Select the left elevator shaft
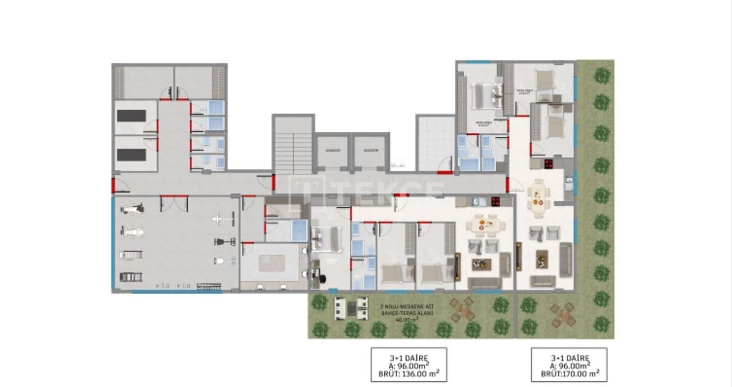(x=332, y=151)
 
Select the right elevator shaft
(x=370, y=151)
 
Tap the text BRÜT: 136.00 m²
(x=408, y=373)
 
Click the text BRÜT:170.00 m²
(x=569, y=373)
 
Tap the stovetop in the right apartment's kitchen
(x=548, y=164)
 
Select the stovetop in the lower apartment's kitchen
(x=495, y=201)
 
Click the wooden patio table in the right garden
(x=563, y=313)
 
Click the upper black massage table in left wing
(x=131, y=116)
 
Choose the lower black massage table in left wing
(x=131, y=155)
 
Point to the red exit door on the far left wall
(x=113, y=185)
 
